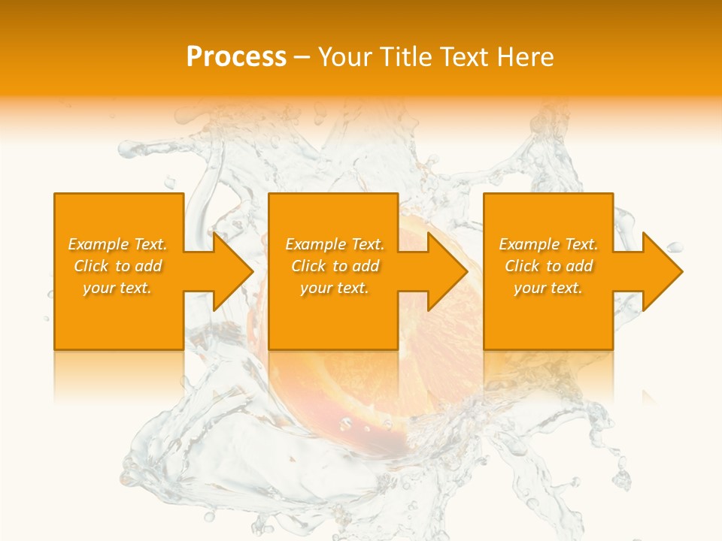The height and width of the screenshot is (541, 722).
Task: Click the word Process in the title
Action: click(236, 57)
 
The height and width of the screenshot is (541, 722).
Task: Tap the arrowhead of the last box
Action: click(661, 271)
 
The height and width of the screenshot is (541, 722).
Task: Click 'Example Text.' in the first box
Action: click(117, 244)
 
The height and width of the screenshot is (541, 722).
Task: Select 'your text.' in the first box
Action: click(117, 288)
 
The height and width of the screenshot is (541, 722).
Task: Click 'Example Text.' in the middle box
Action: click(335, 244)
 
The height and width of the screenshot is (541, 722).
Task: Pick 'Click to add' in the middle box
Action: click(335, 266)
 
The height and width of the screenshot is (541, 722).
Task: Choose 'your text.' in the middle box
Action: click(335, 288)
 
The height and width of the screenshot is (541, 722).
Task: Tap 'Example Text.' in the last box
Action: click(548, 244)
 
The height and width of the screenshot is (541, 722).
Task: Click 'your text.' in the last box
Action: click(548, 288)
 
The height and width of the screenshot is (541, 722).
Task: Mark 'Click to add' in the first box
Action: click(117, 266)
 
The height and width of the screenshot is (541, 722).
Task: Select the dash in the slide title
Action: click(302, 58)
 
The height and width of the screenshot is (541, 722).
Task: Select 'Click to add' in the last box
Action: click(548, 266)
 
